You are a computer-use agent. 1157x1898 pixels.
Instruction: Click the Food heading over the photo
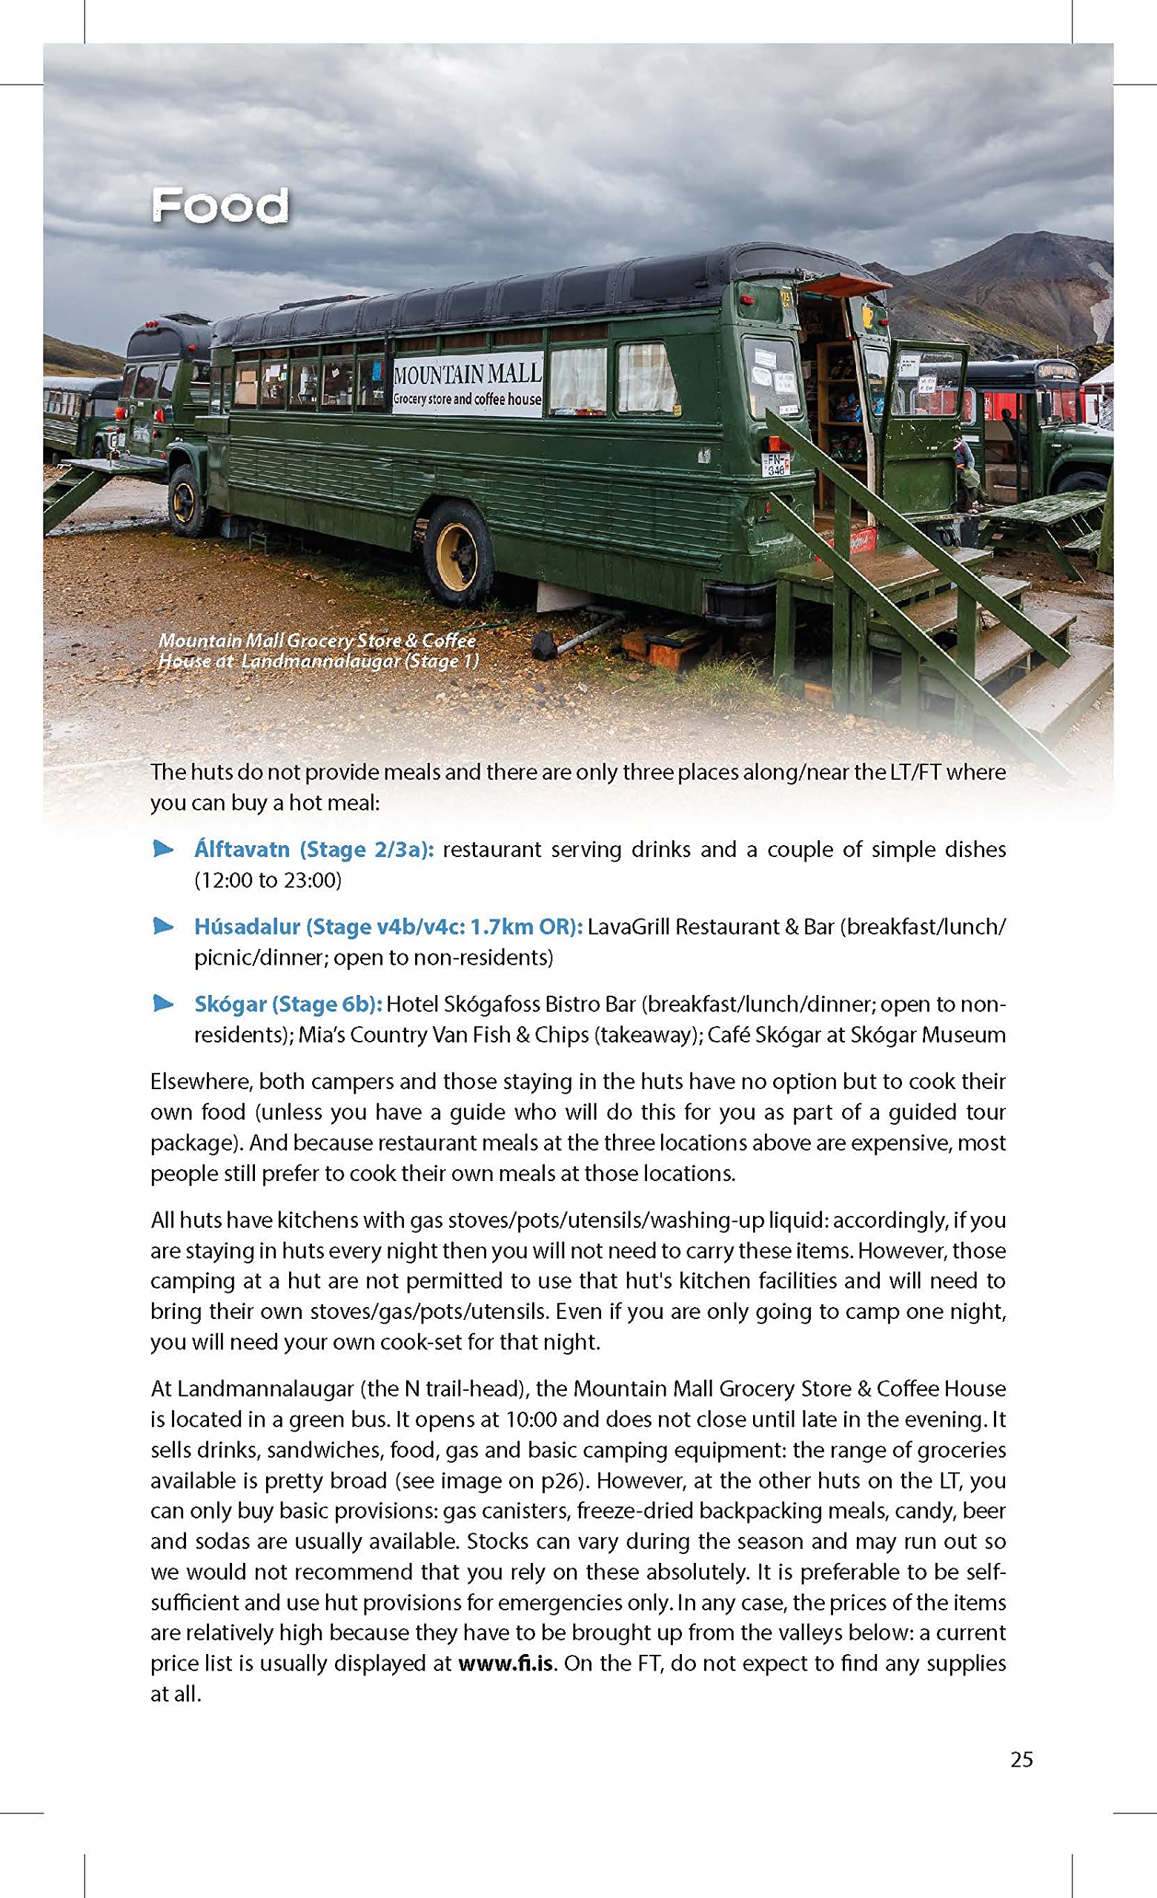219,206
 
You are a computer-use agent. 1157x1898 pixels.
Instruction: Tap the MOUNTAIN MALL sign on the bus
467,383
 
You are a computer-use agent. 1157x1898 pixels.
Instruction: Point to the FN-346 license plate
776,463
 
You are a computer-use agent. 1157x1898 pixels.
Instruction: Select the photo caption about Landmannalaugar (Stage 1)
317,651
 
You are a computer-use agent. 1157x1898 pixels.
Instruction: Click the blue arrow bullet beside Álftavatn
163,850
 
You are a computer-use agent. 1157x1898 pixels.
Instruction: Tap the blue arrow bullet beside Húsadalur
163,927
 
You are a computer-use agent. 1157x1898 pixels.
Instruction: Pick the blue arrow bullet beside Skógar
163,1004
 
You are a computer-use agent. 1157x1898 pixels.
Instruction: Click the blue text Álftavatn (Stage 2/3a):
314,850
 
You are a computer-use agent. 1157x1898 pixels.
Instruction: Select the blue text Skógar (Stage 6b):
288,1005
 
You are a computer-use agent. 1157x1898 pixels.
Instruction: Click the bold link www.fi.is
506,1663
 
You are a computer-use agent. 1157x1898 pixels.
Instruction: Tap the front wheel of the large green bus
187,500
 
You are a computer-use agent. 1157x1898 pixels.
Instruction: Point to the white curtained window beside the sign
577,379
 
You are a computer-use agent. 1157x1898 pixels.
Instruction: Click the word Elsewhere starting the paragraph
201,1082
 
